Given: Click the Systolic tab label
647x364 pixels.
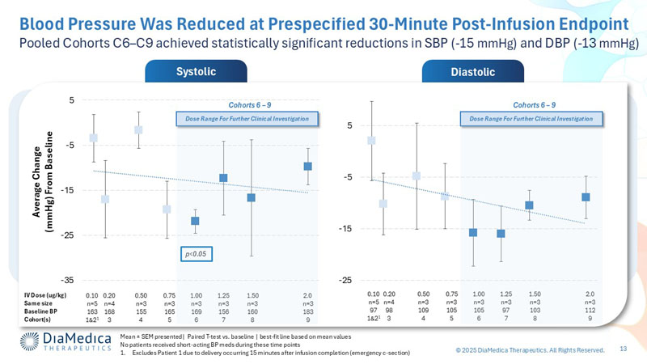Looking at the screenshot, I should (x=195, y=72).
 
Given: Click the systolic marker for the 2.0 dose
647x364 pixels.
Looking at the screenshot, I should (x=307, y=167).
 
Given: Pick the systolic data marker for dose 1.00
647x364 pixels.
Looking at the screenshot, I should (x=195, y=221).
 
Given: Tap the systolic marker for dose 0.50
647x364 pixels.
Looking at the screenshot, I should (x=139, y=130).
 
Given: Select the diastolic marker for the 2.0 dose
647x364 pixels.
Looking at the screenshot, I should (x=586, y=197).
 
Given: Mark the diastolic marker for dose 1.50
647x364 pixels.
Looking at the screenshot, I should (x=529, y=205).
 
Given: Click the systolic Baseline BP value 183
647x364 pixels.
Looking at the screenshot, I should (x=307, y=310).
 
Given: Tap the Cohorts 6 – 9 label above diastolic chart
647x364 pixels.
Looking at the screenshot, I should (x=534, y=104).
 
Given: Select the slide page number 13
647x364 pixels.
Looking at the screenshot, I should (x=624, y=349).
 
